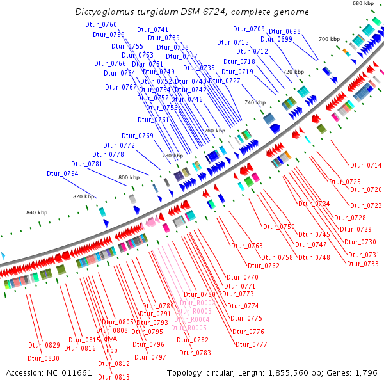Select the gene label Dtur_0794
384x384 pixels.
pyautogui.click(x=62, y=173)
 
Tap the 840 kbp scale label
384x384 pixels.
pyautogui.click(x=36, y=212)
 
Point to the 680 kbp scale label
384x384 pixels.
pyautogui.click(x=363, y=4)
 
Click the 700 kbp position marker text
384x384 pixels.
pyautogui.click(x=330, y=39)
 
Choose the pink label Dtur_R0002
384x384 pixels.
pyautogui.click(x=197, y=303)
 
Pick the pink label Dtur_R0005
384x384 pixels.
pyautogui.click(x=188, y=328)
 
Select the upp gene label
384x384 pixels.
pyautogui.click(x=111, y=350)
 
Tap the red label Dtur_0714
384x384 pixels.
pyautogui.click(x=365, y=165)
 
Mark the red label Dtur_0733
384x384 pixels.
pyautogui.click(x=363, y=264)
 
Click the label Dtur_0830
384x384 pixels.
pyautogui.click(x=44, y=358)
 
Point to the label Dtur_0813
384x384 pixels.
pyautogui.click(x=114, y=377)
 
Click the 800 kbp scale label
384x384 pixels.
pyautogui.click(x=129, y=177)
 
